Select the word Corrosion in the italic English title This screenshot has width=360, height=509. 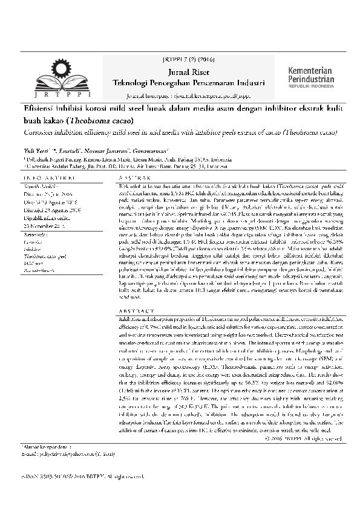pyautogui.click(x=40, y=131)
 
